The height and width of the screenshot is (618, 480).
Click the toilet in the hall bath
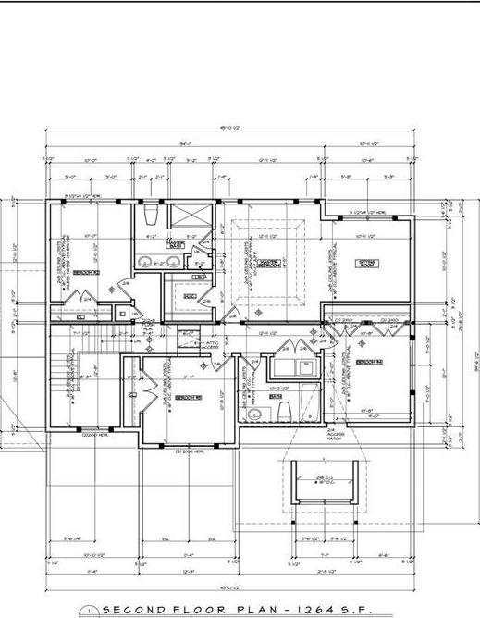[x=285, y=411]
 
